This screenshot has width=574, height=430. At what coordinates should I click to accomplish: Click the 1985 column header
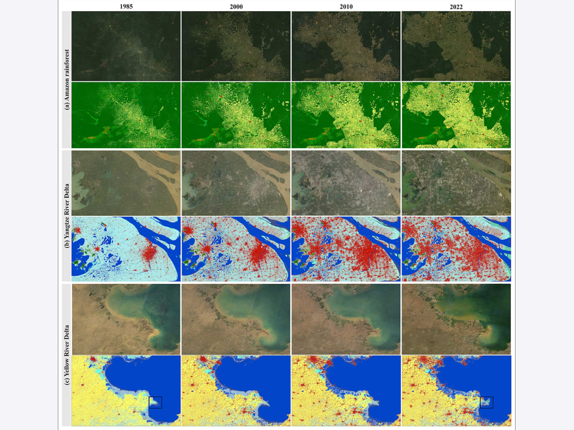(126, 7)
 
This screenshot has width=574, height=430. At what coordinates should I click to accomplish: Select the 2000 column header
(236, 7)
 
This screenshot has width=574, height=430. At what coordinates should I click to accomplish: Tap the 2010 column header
(346, 7)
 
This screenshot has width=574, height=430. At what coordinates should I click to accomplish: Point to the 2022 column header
(456, 7)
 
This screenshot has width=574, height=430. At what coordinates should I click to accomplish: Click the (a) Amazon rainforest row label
(66, 80)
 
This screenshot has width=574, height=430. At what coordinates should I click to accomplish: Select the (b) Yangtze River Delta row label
(66, 216)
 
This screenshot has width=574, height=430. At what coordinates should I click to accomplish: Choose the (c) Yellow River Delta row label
(66, 354)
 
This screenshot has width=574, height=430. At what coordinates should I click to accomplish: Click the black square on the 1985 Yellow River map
(155, 402)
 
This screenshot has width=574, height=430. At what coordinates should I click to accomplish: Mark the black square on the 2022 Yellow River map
(486, 402)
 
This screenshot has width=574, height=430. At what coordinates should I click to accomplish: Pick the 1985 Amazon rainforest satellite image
(126, 46)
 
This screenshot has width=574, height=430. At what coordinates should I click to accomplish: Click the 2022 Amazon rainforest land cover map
(456, 115)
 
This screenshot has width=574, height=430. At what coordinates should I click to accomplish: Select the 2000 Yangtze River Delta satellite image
(236, 183)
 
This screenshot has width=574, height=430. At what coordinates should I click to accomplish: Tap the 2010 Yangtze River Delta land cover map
(346, 249)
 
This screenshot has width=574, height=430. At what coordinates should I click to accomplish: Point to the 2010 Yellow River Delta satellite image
(346, 319)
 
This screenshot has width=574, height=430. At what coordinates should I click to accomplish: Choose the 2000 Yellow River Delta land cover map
(236, 391)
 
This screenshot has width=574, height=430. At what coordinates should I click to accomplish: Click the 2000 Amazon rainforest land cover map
(236, 115)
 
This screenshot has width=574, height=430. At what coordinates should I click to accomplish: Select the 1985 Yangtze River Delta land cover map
(126, 249)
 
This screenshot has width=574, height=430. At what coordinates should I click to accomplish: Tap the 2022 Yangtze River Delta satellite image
(456, 183)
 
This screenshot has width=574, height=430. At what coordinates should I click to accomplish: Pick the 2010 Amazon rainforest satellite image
(346, 46)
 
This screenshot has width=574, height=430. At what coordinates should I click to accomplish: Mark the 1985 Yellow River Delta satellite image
(126, 319)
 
